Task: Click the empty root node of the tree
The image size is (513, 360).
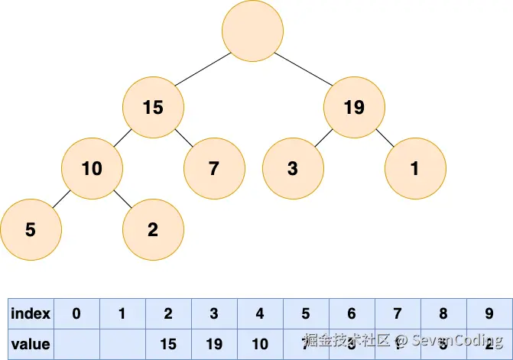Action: tap(252, 31)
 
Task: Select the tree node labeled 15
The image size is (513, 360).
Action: tap(153, 107)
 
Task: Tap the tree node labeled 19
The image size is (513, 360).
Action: tap(354, 107)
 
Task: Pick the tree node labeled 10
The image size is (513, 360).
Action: tap(92, 168)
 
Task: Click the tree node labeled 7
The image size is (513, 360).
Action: tap(214, 168)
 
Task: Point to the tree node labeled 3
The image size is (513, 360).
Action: tap(293, 168)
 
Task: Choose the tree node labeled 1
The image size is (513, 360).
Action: tap(415, 168)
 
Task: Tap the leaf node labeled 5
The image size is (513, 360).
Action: tap(31, 229)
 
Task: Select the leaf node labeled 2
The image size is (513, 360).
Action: tap(153, 229)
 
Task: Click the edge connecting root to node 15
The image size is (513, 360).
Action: tap(202, 70)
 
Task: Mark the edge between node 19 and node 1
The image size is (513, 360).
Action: tap(385, 138)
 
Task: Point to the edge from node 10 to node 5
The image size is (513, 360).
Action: tap(60, 199)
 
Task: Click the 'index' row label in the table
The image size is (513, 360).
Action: tap(31, 313)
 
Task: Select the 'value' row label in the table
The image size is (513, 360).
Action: tap(31, 344)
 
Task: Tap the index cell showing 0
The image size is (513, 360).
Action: tap(76, 313)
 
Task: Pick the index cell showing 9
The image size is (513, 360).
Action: tap(489, 313)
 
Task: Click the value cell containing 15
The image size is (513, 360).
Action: tap(168, 344)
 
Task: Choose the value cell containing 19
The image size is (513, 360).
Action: tap(214, 344)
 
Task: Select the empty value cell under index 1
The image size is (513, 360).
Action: tap(122, 344)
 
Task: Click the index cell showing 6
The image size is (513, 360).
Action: tap(352, 313)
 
